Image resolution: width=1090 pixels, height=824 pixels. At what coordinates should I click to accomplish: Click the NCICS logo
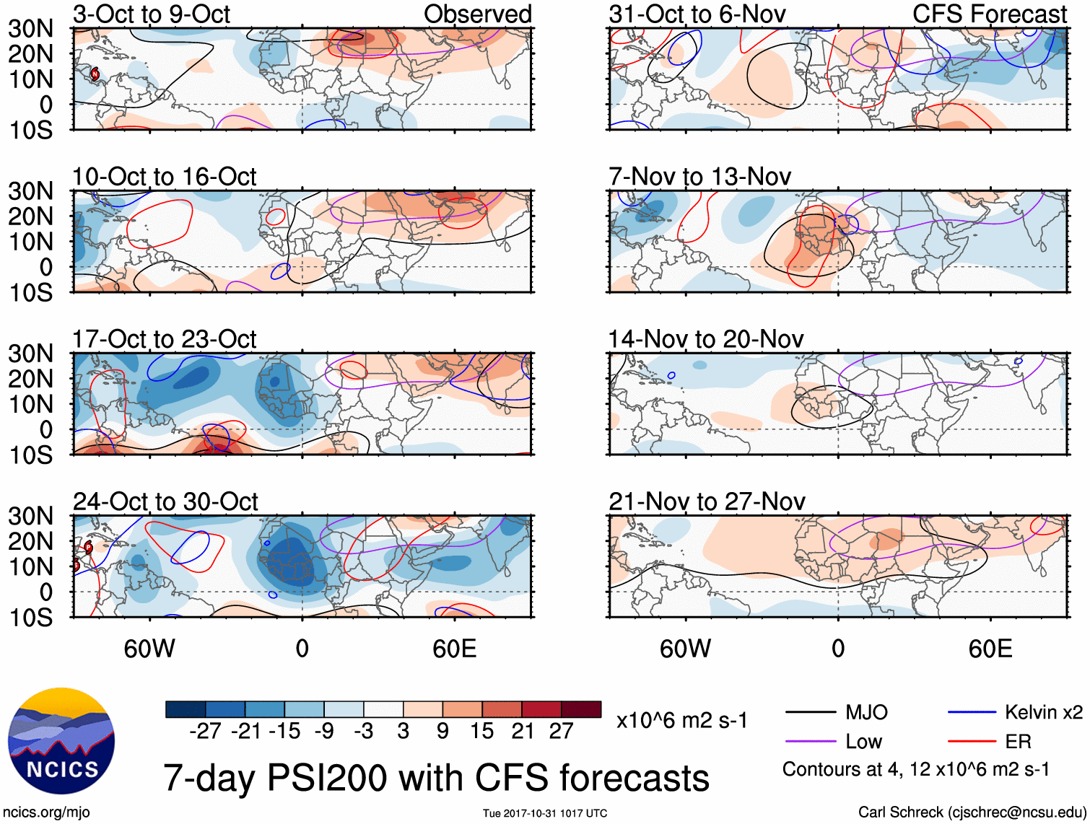point(61,741)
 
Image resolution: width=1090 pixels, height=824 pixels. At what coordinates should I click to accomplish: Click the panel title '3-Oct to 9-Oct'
point(151,14)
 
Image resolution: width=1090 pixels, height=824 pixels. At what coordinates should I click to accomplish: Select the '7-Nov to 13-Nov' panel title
point(699,177)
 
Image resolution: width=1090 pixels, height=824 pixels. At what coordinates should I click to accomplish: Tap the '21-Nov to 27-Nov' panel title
point(707,501)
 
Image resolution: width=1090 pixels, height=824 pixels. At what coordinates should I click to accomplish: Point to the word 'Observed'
point(477,14)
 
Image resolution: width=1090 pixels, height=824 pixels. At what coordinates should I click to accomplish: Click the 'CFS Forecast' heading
point(989,14)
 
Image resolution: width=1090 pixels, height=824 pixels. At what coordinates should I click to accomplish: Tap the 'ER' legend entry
point(1018,742)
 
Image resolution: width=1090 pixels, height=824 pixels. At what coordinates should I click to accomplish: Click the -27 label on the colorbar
point(205,732)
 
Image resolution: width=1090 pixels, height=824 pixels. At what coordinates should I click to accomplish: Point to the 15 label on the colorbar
point(482,732)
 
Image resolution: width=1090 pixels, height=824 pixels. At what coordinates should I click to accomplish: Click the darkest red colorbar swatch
point(581,709)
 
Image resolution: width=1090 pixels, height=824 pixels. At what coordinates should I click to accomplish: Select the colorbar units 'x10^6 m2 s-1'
point(681,721)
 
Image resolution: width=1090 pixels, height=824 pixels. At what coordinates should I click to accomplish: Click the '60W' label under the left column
point(149,649)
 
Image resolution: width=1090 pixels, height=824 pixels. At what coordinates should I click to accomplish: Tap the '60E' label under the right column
point(990,649)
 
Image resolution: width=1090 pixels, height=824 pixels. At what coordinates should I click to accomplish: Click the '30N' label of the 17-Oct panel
point(30,354)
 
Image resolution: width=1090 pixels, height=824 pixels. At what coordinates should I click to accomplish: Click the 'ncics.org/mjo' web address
point(46,812)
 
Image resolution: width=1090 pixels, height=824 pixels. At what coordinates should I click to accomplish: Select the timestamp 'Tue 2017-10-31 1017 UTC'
point(545,814)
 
